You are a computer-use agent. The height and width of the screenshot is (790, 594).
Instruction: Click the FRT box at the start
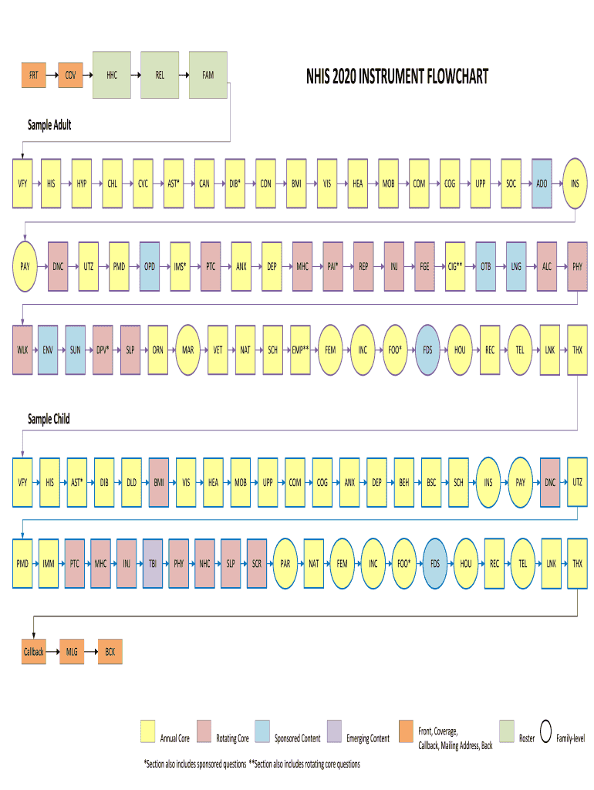click(x=33, y=76)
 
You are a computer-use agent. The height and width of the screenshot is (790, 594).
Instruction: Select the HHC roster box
click(x=112, y=76)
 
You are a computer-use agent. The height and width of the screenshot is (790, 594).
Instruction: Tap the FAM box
click(x=208, y=76)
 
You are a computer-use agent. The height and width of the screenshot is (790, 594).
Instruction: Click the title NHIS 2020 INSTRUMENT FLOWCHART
click(x=397, y=77)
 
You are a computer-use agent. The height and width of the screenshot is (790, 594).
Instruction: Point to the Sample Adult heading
click(x=49, y=124)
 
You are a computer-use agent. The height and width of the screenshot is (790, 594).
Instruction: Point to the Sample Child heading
click(x=49, y=419)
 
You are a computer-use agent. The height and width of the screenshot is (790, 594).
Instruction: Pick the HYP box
click(x=82, y=184)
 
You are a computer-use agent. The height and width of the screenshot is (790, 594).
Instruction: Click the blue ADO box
click(x=542, y=184)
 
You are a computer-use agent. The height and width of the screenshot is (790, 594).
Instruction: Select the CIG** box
click(x=455, y=266)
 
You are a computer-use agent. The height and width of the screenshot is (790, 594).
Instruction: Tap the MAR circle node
click(x=188, y=349)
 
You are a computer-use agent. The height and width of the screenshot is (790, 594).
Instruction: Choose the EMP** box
click(x=300, y=349)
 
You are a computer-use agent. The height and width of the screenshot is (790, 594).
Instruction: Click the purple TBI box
click(x=152, y=564)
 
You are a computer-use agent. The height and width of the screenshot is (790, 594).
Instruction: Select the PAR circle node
click(x=285, y=564)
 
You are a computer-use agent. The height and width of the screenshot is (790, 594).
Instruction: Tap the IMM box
click(x=49, y=564)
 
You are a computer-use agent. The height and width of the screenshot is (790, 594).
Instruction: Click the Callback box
click(x=33, y=652)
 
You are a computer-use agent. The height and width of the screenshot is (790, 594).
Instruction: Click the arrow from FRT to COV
click(x=52, y=76)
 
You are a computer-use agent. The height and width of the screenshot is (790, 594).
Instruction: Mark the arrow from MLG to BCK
click(x=90, y=652)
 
